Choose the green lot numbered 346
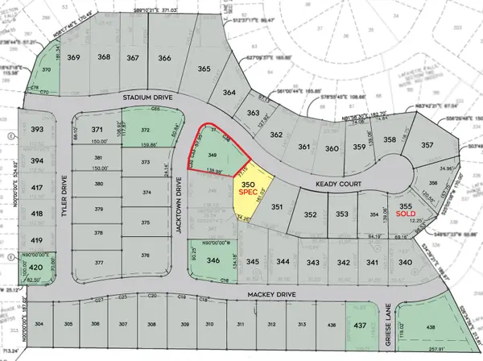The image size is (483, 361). (213, 261)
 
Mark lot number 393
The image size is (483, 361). (35, 129)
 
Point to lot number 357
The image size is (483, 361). (427, 145)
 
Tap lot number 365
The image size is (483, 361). (204, 69)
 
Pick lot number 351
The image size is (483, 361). (277, 207)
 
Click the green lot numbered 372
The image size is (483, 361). (146, 130)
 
